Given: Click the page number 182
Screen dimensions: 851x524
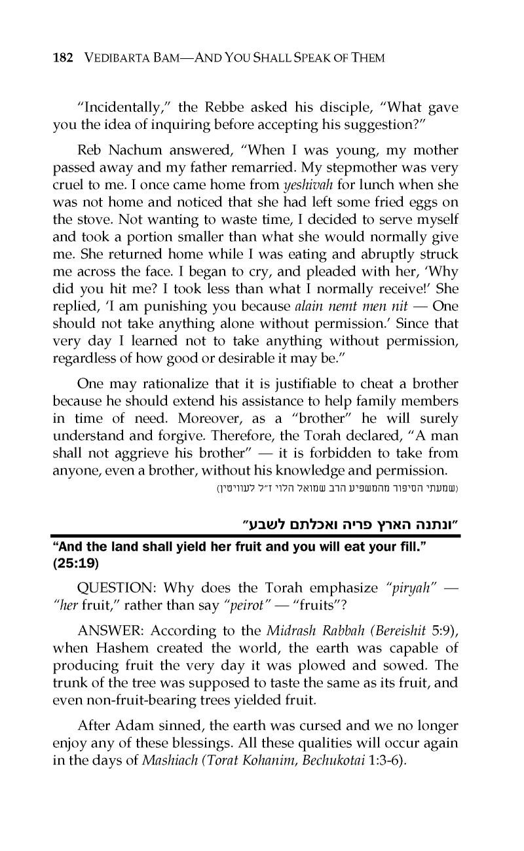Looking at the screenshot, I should click(x=63, y=58).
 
